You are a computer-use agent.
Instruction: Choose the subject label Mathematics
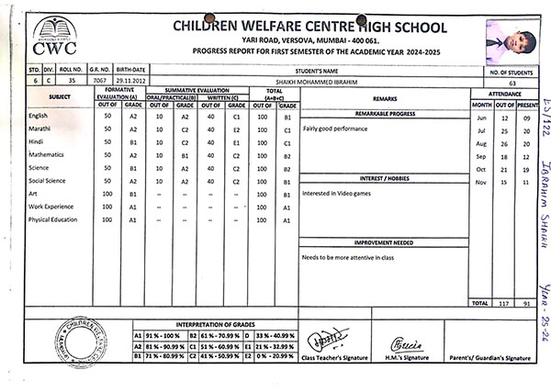pyautogui.click(x=46, y=155)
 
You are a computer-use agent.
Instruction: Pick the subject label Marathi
pyautogui.click(x=39, y=129)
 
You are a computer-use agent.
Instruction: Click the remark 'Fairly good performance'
pyautogui.click(x=335, y=129)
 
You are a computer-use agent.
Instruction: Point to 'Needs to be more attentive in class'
pyautogui.click(x=348, y=257)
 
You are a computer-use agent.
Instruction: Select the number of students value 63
pyautogui.click(x=510, y=83)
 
